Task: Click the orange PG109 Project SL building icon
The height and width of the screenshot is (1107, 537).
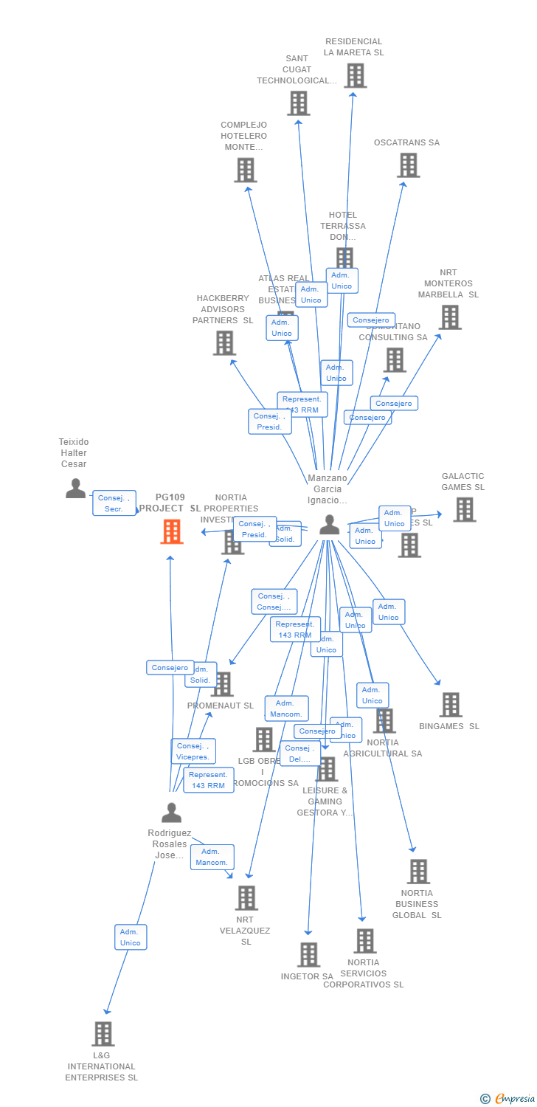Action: [x=171, y=531]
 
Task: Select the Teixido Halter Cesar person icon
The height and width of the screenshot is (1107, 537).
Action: [x=75, y=488]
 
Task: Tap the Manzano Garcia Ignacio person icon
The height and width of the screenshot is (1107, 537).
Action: [x=329, y=525]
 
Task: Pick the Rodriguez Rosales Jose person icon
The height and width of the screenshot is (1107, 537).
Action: [x=171, y=813]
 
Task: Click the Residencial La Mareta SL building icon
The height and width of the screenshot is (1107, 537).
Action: [x=355, y=75]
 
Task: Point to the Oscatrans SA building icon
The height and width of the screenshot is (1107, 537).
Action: [x=408, y=165]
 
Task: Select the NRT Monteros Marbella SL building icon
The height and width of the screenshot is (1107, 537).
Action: [x=449, y=317]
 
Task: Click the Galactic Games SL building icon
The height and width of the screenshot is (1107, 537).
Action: [x=464, y=509]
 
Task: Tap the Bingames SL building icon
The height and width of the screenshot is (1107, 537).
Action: [x=450, y=705]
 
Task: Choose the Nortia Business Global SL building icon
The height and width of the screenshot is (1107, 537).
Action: [x=418, y=872]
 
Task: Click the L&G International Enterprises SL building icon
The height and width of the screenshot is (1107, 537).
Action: [x=103, y=1034]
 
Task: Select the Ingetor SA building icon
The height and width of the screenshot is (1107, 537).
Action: [x=308, y=954]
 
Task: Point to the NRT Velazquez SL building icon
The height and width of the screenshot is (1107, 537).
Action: [x=246, y=898]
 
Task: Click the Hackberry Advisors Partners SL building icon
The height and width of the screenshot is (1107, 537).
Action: [x=224, y=343]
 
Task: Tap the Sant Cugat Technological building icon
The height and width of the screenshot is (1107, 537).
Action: [x=298, y=103]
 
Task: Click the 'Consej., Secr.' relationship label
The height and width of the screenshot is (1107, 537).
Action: [x=114, y=503]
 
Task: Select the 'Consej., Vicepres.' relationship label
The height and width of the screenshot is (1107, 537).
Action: [x=193, y=751]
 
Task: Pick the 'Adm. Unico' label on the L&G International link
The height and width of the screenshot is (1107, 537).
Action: [x=131, y=937]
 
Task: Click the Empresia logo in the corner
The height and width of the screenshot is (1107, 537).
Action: [x=508, y=1099]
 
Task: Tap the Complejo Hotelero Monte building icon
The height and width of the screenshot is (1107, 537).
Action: [x=245, y=170]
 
